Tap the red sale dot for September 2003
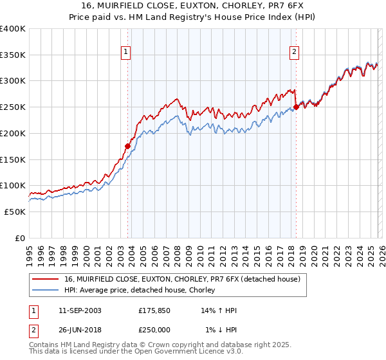127,146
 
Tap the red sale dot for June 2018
296,107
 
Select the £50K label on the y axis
15,212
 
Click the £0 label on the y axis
19,238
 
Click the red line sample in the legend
46,279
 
